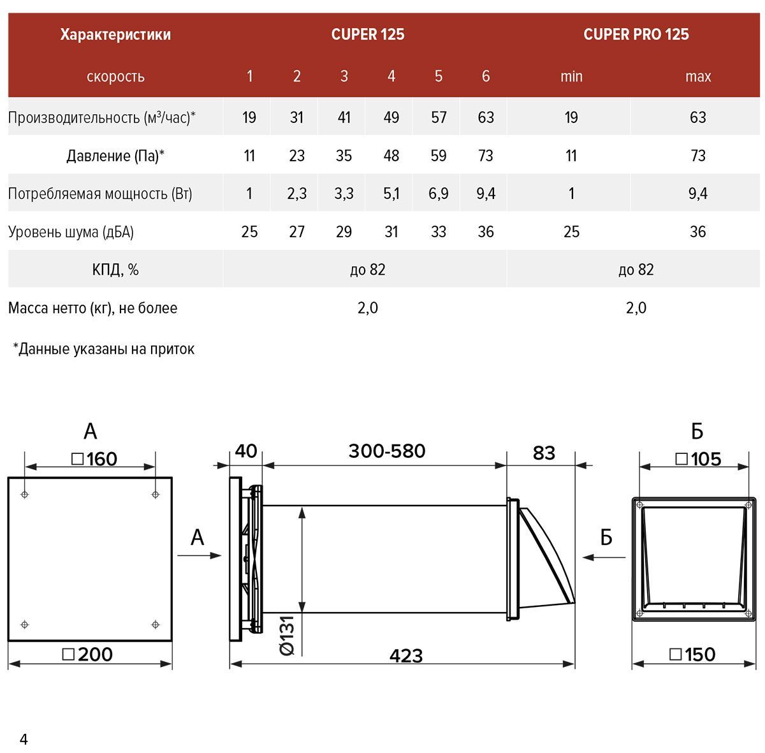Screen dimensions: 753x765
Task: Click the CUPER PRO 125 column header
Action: click(636, 34)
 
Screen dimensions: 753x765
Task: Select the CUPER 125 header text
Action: click(367, 34)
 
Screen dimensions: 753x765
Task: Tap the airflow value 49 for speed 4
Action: click(391, 117)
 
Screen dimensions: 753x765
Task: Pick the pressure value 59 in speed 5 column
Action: click(438, 156)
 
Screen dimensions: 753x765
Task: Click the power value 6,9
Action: click(438, 194)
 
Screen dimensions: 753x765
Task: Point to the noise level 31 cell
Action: click(391, 232)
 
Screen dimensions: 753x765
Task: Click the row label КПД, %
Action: click(115, 270)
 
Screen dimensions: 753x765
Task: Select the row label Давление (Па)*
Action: click(115, 156)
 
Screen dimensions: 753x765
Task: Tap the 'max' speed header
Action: click(697, 77)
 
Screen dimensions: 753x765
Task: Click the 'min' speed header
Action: click(571, 77)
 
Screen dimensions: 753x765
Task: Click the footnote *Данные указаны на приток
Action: click(104, 349)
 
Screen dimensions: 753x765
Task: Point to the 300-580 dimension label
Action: click(386, 451)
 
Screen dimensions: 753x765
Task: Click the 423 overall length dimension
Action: click(406, 655)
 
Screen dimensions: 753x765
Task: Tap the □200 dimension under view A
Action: click(89, 654)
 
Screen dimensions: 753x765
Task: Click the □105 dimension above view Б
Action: click(697, 458)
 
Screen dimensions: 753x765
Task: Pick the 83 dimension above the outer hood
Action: click(543, 453)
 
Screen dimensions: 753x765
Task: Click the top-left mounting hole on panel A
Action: click(25, 494)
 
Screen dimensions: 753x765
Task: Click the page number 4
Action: click(24, 740)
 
